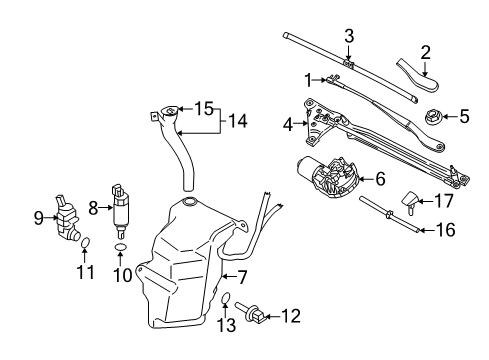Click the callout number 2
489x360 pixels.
425,52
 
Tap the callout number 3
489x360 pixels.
349,37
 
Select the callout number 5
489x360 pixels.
463,117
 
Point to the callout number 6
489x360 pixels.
380,179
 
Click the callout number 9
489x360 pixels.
39,215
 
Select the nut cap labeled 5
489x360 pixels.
435,116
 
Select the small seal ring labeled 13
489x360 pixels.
227,297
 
